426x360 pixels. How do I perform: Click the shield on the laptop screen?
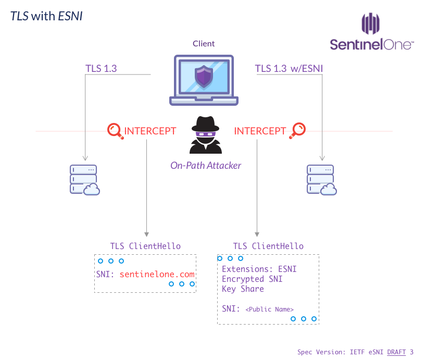click(x=204, y=77)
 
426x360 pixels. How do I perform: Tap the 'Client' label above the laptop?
click(x=204, y=44)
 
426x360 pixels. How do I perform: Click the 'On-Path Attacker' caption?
click(x=206, y=165)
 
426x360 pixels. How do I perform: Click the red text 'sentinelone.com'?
click(x=157, y=274)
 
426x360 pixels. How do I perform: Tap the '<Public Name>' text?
click(x=269, y=309)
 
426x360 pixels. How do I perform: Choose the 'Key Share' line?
click(x=243, y=289)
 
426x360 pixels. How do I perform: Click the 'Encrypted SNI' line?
click(x=252, y=279)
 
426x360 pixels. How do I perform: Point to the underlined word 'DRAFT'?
click(x=396, y=352)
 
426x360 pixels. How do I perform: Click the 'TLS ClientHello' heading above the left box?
click(x=145, y=246)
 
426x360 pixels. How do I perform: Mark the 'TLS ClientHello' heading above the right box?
click(x=268, y=246)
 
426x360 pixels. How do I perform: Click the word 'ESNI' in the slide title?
click(x=70, y=16)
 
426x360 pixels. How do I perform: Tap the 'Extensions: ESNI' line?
click(x=259, y=269)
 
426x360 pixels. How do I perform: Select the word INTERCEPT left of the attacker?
click(x=150, y=131)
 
